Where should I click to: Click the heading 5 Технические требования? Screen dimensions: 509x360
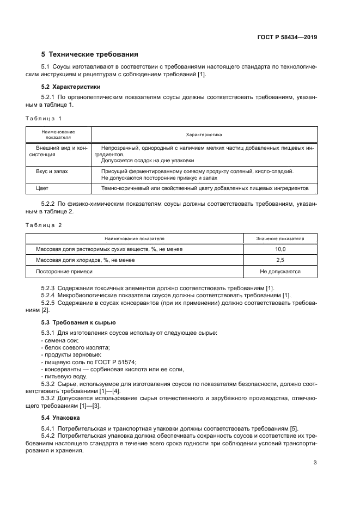(x=90, y=54)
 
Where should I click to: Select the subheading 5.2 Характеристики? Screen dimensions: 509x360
(x=71, y=87)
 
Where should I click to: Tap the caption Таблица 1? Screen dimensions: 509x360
(x=44, y=118)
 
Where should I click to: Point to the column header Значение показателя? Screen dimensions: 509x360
(x=280, y=238)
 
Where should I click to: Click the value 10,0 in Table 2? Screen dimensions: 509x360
(x=280, y=249)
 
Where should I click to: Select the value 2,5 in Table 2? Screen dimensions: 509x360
(x=280, y=260)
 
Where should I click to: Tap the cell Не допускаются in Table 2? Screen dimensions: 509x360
(x=280, y=271)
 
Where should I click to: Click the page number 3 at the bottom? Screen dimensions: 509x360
(x=315, y=463)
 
